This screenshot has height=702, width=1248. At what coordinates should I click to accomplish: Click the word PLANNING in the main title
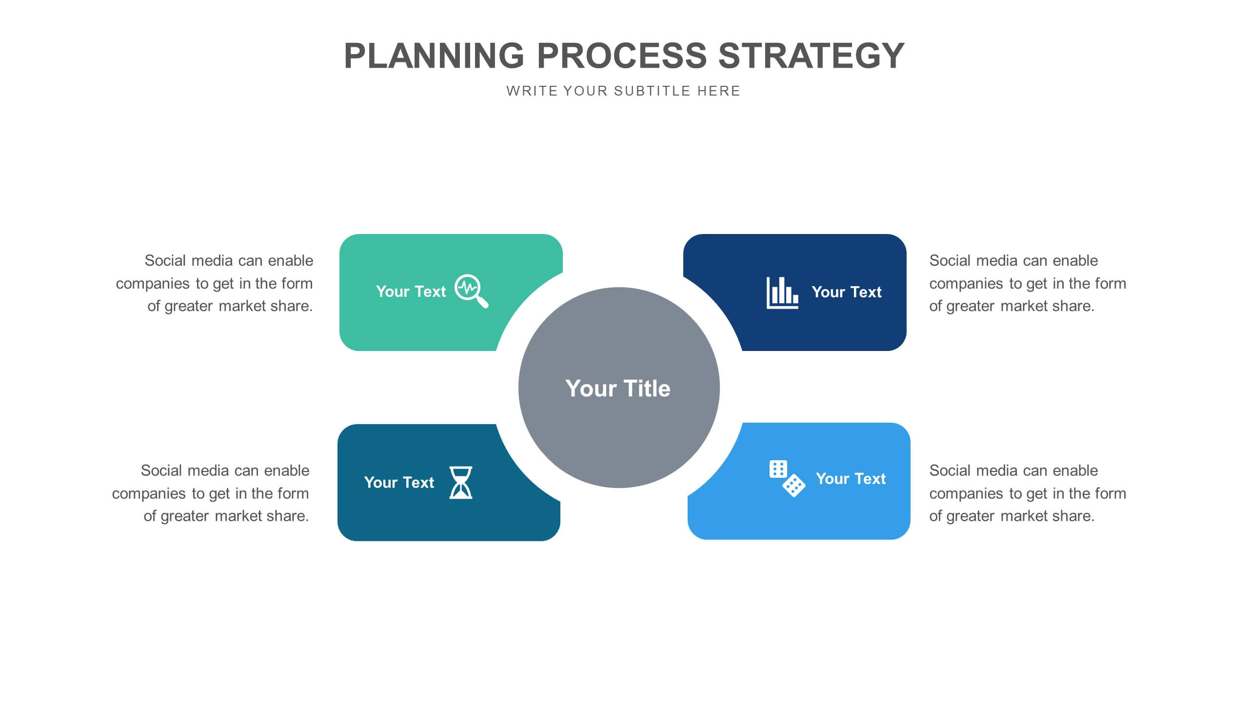[434, 56]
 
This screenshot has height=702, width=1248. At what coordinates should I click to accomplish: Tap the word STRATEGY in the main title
[812, 56]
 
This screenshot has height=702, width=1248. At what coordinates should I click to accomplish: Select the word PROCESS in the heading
[622, 56]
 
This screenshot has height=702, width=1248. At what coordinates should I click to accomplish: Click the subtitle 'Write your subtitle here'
[623, 91]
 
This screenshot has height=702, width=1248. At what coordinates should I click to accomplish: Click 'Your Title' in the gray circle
[618, 389]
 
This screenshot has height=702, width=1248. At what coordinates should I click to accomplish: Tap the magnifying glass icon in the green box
[471, 291]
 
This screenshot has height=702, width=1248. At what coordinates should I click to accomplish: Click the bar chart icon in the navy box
[782, 292]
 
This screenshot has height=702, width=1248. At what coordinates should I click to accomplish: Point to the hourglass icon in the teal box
[461, 482]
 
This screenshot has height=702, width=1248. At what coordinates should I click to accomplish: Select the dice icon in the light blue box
[787, 478]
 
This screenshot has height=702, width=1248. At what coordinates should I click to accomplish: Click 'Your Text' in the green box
[411, 292]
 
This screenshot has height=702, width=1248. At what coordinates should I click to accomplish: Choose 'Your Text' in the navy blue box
[847, 292]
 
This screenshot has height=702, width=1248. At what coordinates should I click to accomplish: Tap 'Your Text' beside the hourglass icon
[399, 483]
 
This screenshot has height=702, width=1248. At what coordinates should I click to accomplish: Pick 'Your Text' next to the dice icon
[851, 479]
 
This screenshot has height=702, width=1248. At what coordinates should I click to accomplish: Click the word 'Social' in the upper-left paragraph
[166, 260]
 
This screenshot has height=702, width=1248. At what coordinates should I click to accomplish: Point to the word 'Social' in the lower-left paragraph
[162, 470]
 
